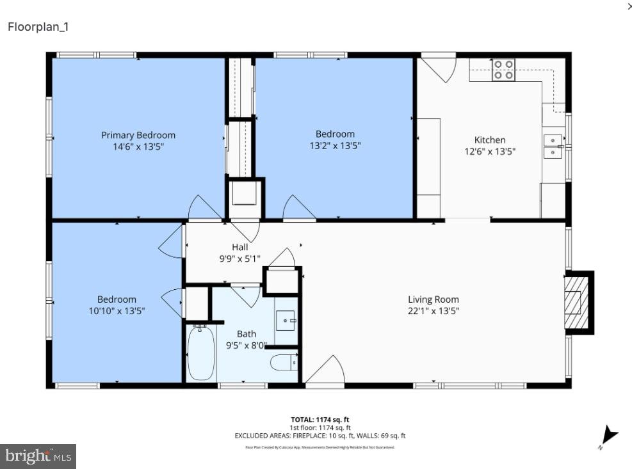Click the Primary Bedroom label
(138, 135)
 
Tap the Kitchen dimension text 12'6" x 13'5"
(490, 152)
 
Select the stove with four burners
(503, 70)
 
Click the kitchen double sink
(553, 147)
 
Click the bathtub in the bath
(201, 353)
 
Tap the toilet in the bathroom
(284, 363)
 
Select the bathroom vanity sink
(286, 320)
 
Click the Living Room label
(433, 299)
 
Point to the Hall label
(240, 247)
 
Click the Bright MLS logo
(38, 456)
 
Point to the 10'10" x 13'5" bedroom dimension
(117, 311)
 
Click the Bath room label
(247, 333)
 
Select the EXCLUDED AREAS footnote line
(320, 436)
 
